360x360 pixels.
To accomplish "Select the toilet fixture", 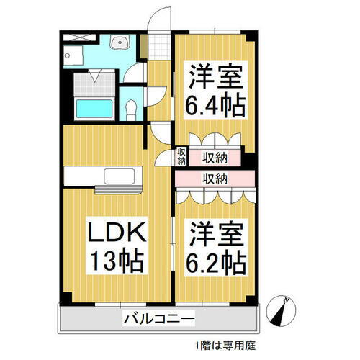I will [x=130, y=108].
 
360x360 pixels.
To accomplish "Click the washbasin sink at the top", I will [x=118, y=44].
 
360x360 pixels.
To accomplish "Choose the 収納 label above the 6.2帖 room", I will [x=215, y=177].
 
